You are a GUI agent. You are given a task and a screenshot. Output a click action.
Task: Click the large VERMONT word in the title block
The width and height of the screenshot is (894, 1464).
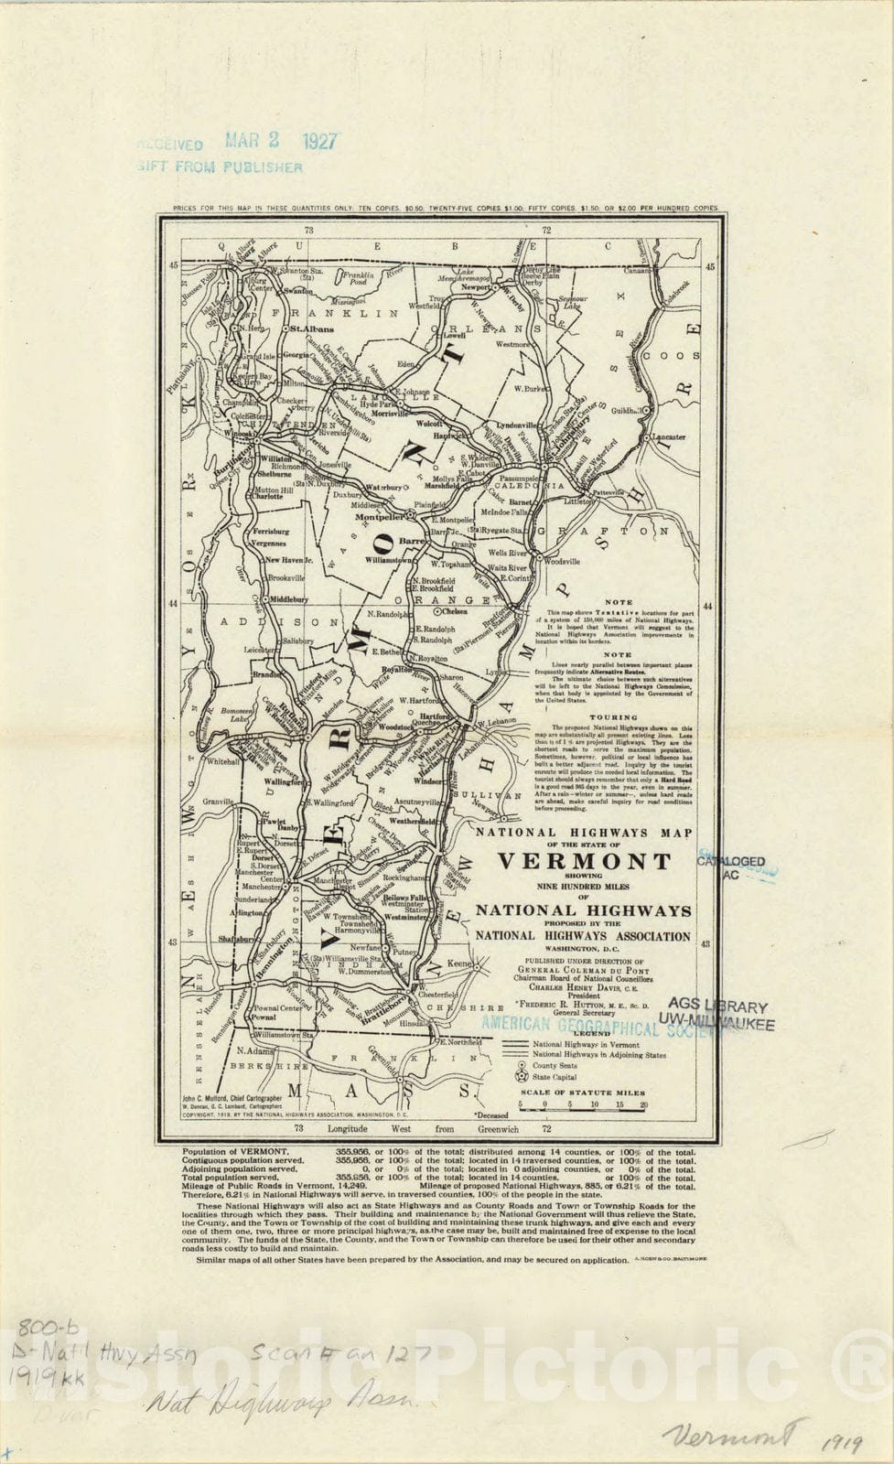[584, 861]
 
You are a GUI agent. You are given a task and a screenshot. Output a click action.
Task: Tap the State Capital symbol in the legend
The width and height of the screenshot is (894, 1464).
[522, 1078]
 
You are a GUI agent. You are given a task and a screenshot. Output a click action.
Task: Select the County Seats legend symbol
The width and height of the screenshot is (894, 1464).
[522, 1066]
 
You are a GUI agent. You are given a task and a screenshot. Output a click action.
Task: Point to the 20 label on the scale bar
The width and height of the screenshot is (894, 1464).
[643, 1104]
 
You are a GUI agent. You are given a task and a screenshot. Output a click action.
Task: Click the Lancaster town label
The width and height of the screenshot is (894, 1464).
[668, 437]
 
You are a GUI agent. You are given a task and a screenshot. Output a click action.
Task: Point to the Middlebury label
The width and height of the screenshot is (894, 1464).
[289, 599]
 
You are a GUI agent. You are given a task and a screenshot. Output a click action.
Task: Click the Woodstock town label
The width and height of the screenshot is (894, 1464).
[395, 727]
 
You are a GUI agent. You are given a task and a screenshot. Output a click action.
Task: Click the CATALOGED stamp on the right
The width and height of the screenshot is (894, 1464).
[731, 861]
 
